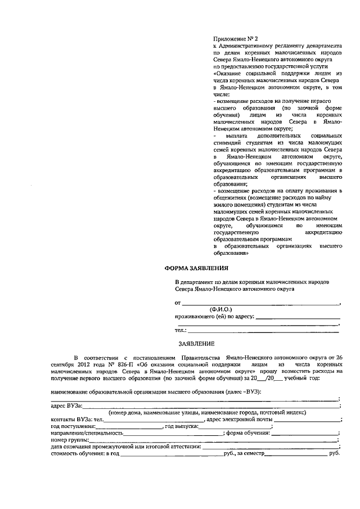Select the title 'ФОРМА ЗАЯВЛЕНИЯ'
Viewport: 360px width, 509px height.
(196, 268)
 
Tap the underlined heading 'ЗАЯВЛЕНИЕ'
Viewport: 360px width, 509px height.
(196, 343)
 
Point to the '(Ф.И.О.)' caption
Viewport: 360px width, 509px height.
(220, 309)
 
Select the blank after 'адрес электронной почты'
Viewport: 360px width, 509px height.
(307, 420)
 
